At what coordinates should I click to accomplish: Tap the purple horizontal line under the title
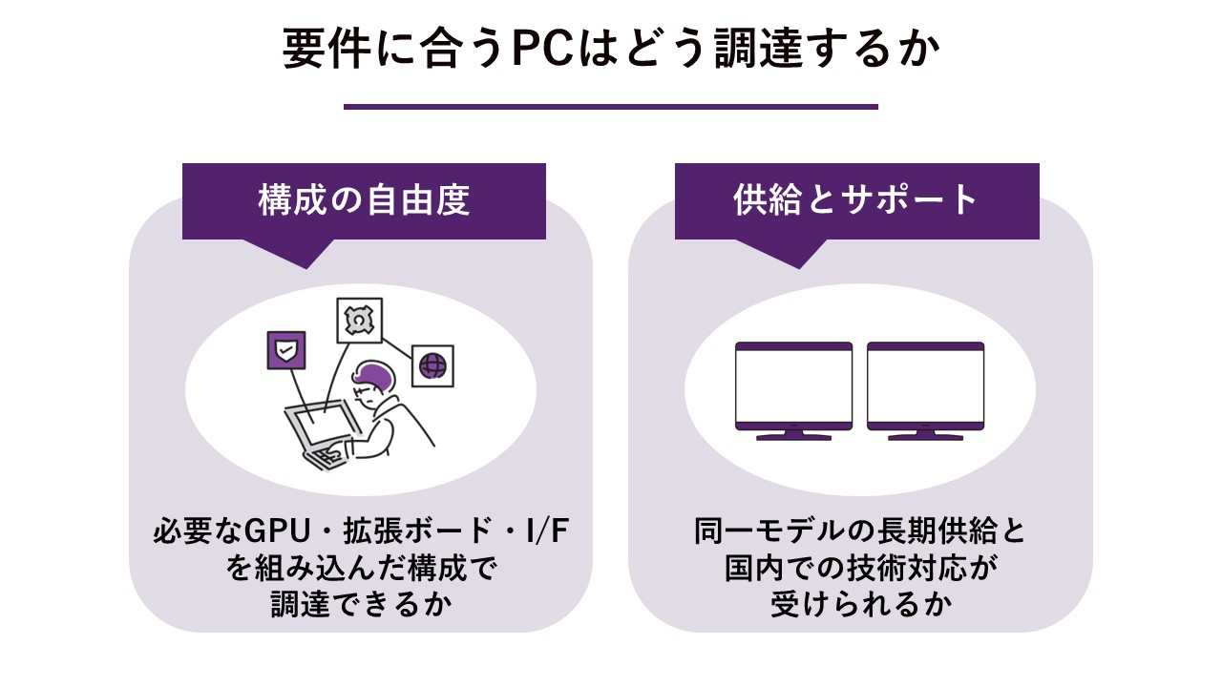610,107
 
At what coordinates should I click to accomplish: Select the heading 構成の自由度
364,199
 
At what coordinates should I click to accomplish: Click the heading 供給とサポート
855,199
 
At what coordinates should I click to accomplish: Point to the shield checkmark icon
285,350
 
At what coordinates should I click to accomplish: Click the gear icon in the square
359,320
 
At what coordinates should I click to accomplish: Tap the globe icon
432,365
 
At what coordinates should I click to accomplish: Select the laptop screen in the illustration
324,427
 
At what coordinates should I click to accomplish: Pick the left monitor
793,391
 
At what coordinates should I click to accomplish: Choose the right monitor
925,391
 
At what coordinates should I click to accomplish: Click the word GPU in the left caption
277,531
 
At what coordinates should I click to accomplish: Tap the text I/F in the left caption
547,531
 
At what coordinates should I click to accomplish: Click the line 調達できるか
362,604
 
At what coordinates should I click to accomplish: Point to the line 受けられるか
861,604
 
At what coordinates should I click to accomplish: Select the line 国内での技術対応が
861,568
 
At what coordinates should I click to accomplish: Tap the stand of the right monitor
925,435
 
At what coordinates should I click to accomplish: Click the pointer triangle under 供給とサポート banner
799,252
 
